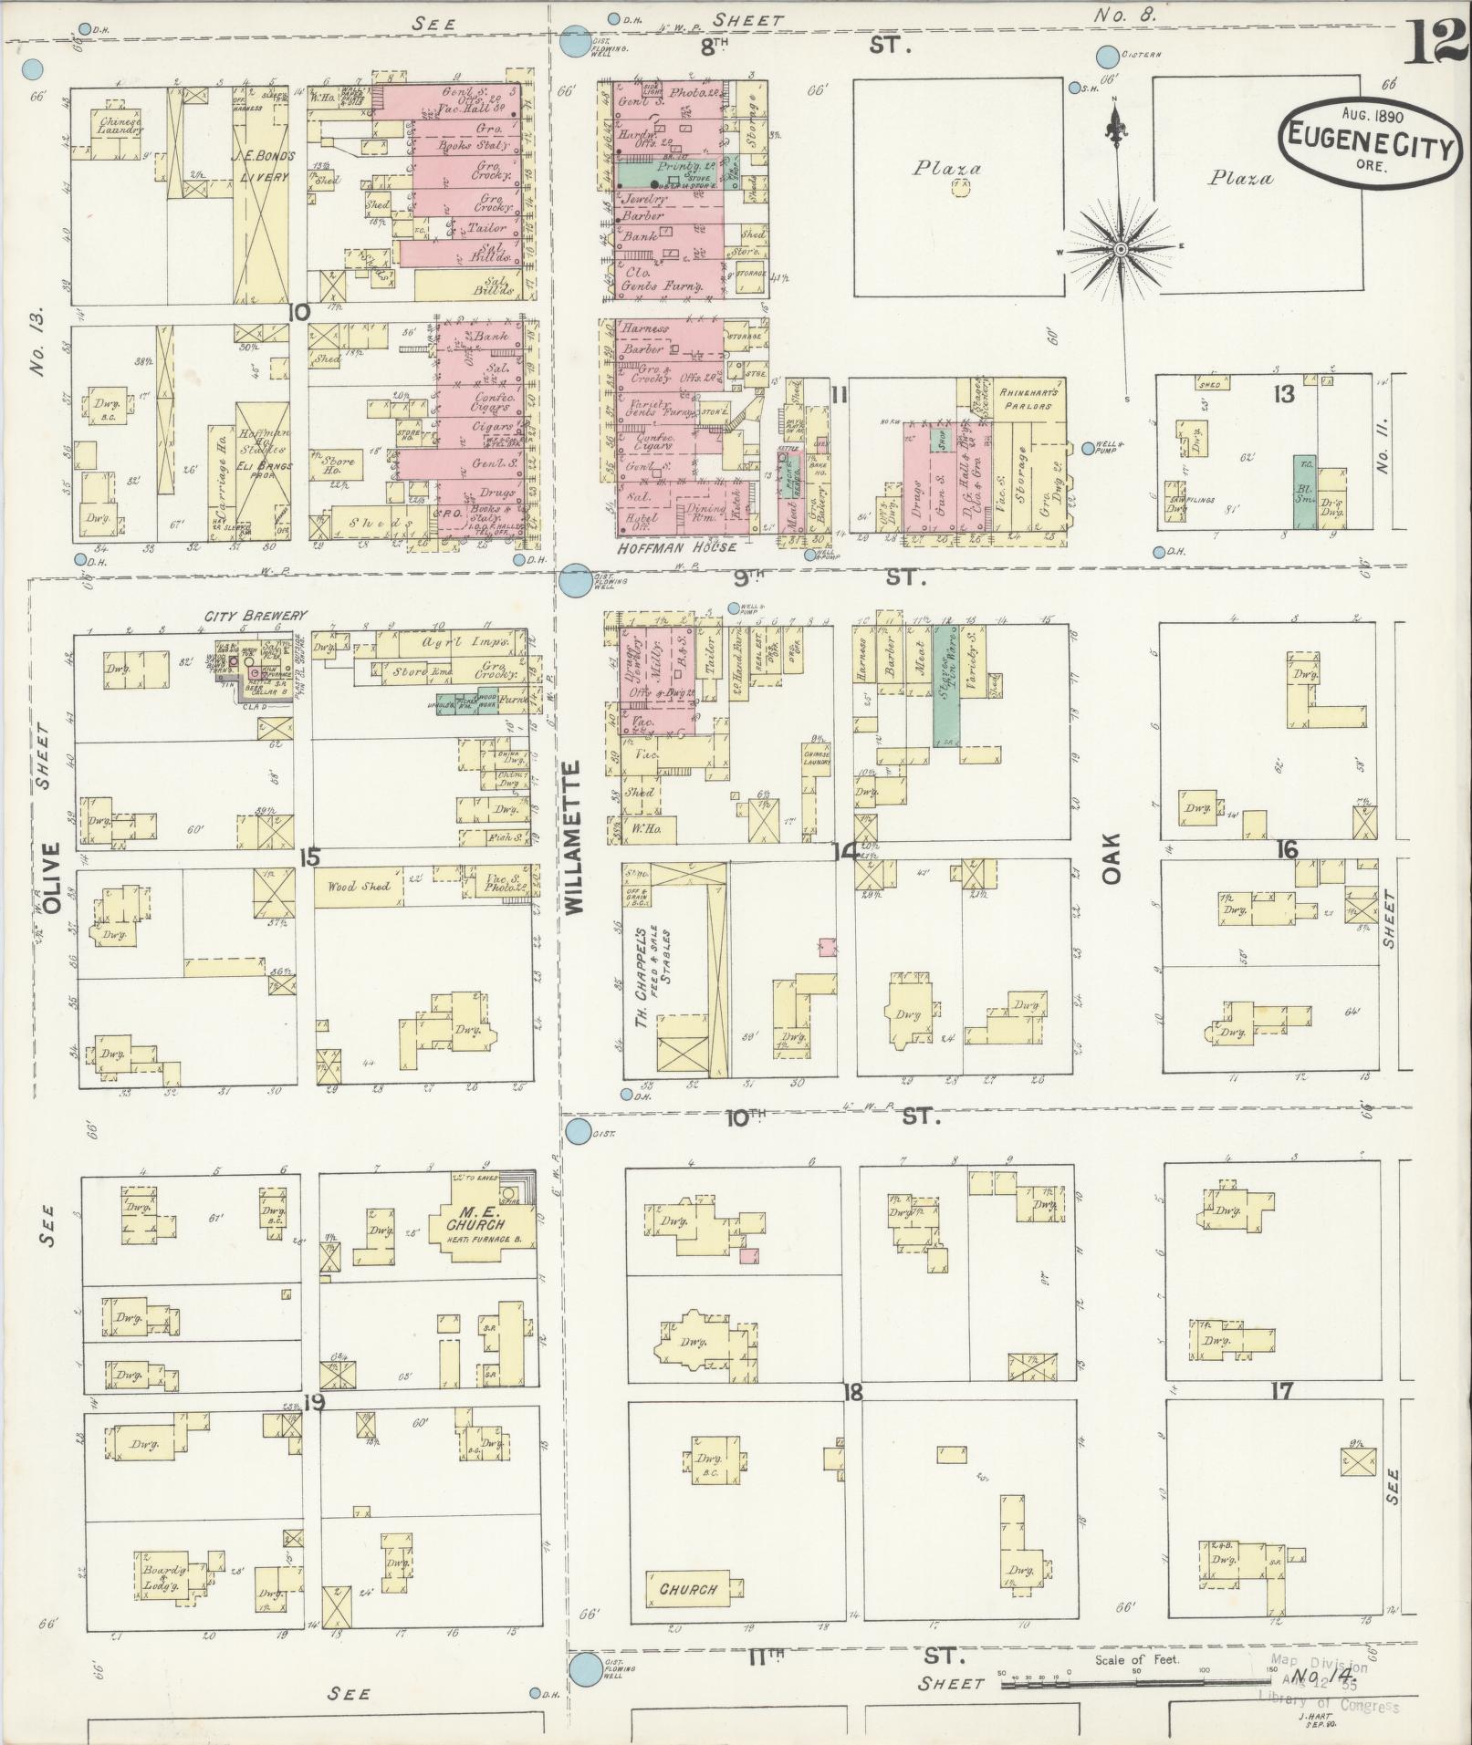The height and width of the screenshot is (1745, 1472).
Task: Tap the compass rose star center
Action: point(1122,247)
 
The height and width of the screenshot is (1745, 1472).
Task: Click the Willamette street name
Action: point(573,839)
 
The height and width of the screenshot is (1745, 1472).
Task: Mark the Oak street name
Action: point(1111,861)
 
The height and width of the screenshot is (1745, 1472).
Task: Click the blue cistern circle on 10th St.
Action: point(578,1132)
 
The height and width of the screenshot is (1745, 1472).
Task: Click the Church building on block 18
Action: point(688,1589)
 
